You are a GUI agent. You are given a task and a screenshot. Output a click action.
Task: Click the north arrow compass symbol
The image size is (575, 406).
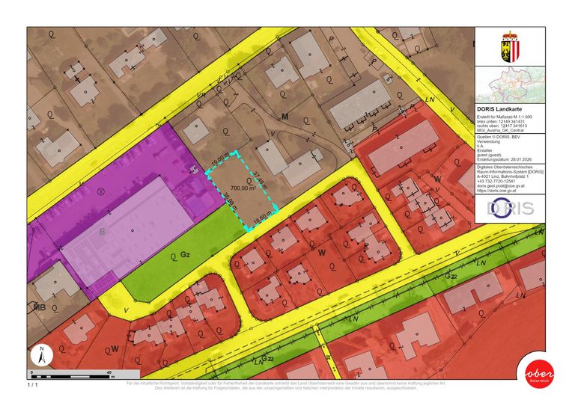(42, 356)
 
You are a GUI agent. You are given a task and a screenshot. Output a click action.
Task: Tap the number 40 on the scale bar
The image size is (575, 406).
(109, 372)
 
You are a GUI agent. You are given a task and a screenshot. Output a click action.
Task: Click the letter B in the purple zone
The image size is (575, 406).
(102, 232)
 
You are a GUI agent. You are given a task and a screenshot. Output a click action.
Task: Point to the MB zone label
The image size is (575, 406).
(40, 307)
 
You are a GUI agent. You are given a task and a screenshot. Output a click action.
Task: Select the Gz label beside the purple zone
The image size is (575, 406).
(185, 255)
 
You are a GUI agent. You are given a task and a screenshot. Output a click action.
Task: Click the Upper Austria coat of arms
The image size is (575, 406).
(509, 46)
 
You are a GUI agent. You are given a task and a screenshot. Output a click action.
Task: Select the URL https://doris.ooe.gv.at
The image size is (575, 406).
(501, 190)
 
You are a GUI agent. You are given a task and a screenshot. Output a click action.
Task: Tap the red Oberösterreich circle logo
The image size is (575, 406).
(540, 373)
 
